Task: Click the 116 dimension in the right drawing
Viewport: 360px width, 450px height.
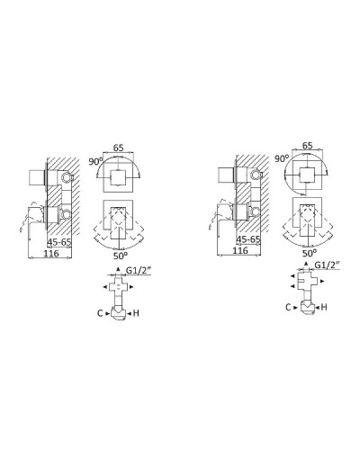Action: pyautogui.click(x=239, y=253)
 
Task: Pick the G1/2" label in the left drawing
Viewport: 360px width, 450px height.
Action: pyautogui.click(x=137, y=272)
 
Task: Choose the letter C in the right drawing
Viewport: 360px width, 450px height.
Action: pyautogui.click(x=288, y=307)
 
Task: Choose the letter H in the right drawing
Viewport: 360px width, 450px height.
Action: pyautogui.click(x=324, y=307)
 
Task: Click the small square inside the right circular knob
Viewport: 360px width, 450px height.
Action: pyautogui.click(x=308, y=173)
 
